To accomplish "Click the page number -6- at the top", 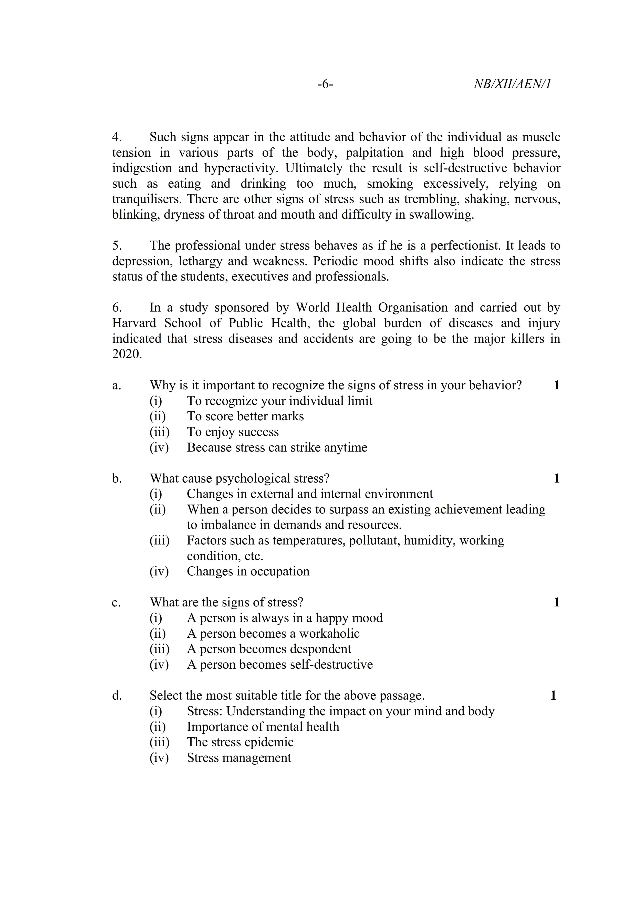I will (x=325, y=84).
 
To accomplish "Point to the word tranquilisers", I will (x=147, y=199).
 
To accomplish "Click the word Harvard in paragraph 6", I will (x=134, y=323).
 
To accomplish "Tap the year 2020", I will (x=126, y=354).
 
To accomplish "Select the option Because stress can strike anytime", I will (x=277, y=447).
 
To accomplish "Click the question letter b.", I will (x=117, y=478).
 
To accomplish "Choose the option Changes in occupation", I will (x=248, y=571).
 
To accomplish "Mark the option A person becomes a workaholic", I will (x=273, y=634).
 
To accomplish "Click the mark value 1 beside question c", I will (x=556, y=602).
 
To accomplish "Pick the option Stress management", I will (x=239, y=757).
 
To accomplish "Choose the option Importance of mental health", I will (x=263, y=727).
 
